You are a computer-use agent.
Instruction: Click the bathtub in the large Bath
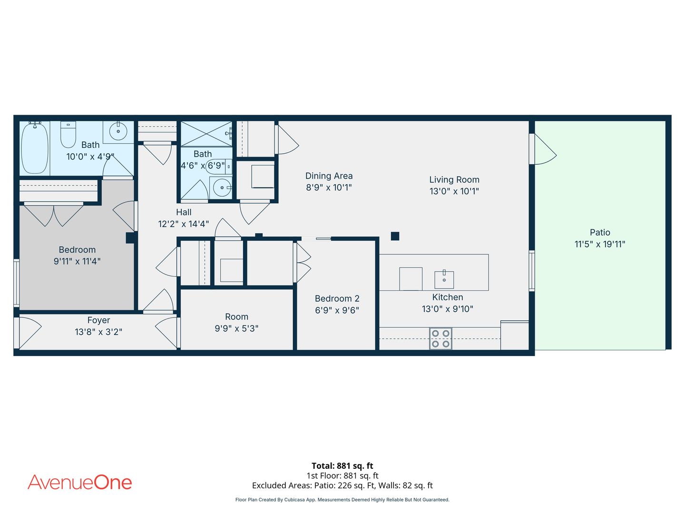(34, 148)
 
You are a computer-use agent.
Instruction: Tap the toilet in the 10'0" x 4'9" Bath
(68, 135)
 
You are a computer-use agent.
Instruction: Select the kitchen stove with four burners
(440, 338)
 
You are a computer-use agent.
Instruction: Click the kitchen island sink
(444, 279)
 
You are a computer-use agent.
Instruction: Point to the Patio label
(599, 232)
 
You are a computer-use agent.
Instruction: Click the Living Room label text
(454, 179)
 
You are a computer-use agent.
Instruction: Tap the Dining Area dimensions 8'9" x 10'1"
(329, 187)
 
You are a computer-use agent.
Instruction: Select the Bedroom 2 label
(337, 298)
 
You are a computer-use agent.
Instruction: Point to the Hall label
(184, 212)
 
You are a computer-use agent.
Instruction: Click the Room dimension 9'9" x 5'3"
(236, 328)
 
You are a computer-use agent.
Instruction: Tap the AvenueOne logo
(79, 482)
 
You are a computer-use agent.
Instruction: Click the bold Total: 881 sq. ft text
(342, 465)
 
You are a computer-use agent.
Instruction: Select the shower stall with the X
(206, 134)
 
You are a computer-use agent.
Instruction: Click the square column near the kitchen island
(395, 236)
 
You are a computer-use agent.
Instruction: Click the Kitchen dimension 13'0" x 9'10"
(447, 309)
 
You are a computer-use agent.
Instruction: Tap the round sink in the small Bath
(222, 188)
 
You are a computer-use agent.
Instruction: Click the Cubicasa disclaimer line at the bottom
(342, 500)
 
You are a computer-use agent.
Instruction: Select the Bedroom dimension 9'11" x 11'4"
(77, 261)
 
